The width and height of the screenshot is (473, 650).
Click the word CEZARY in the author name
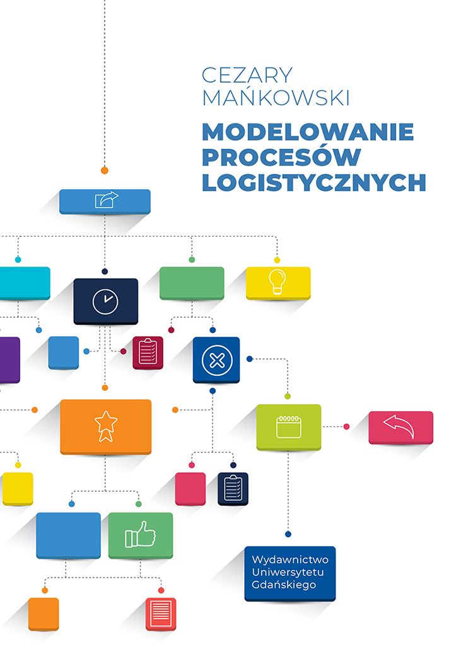(247, 75)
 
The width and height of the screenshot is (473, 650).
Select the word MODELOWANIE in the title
(308, 132)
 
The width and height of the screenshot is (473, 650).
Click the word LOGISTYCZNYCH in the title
(314, 182)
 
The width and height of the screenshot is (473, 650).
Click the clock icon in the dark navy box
(105, 301)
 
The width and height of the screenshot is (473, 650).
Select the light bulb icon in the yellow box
(277, 282)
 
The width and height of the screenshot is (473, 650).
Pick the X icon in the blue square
(216, 360)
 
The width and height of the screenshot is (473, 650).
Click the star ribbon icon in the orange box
(106, 426)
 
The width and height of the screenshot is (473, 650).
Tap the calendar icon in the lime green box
(288, 427)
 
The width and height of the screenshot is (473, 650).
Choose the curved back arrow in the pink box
(400, 427)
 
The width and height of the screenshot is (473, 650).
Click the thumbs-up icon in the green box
(140, 535)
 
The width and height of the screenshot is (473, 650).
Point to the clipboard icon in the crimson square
(148, 352)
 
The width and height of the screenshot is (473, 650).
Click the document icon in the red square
(161, 613)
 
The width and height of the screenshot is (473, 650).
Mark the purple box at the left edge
(9, 359)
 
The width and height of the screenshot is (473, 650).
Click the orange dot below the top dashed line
(105, 170)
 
